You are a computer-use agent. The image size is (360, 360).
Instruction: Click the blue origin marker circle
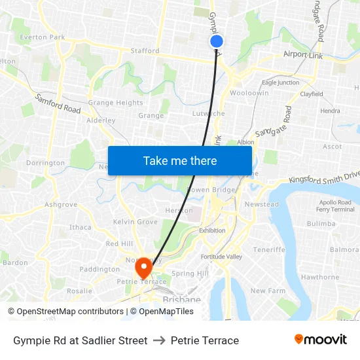pos(217,41)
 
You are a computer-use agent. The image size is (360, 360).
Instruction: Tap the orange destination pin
pos(143,267)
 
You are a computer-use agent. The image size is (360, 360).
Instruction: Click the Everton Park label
pos(43,37)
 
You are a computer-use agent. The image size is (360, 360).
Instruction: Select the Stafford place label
pos(145,50)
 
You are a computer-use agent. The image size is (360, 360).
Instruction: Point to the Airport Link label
pos(303,55)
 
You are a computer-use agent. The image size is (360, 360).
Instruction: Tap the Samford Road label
pos(58,104)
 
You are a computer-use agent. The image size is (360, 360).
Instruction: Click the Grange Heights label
pos(115,103)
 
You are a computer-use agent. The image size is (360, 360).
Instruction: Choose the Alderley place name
pos(101,120)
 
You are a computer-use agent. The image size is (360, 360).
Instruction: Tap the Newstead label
pos(261,204)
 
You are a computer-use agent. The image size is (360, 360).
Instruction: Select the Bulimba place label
pos(321,223)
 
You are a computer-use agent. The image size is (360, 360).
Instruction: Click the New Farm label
pos(268,291)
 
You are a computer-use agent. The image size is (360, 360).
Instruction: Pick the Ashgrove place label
pos(61,204)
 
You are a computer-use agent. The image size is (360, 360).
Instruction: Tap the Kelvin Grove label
pos(135,222)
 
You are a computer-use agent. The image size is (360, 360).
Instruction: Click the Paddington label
pos(99,269)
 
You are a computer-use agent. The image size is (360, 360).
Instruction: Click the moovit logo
pos(321,340)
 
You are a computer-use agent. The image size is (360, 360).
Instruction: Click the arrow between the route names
pos(159,340)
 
